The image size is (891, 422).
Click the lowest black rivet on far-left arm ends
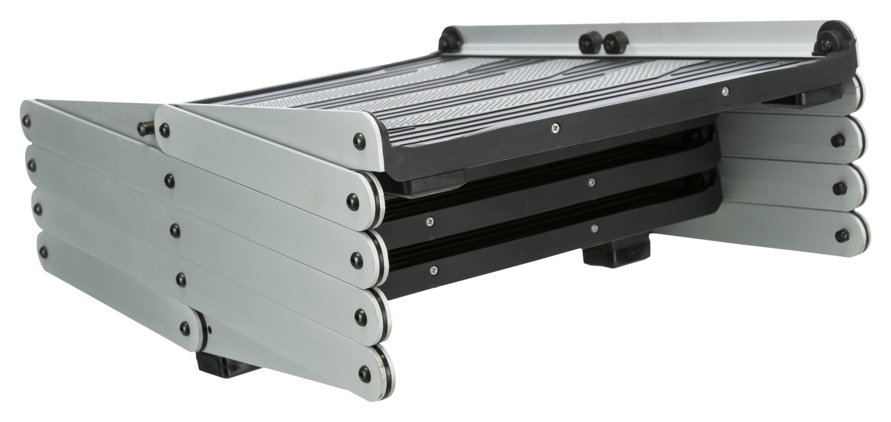(x=44, y=251)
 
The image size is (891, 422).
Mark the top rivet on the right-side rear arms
(x=839, y=139)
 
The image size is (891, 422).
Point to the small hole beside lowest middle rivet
(x=210, y=330)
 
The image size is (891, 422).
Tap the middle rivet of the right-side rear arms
(x=839, y=188)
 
